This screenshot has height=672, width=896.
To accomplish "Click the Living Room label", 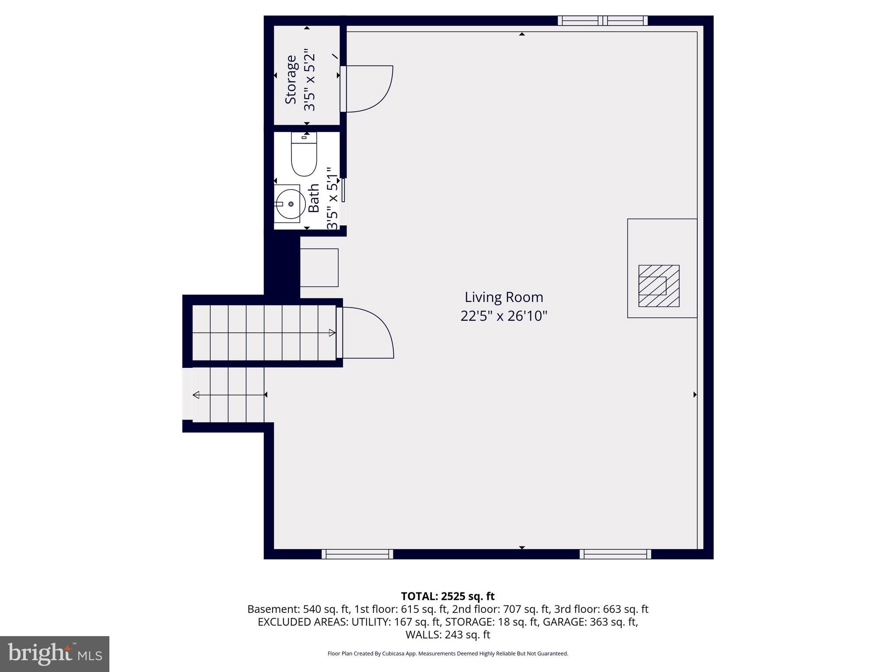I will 504,297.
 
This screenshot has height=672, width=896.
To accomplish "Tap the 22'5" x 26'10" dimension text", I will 504,316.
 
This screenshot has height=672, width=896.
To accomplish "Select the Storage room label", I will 291,80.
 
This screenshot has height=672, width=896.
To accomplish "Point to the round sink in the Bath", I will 290,204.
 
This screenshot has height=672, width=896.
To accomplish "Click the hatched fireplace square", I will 658,286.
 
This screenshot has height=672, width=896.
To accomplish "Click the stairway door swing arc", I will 381,332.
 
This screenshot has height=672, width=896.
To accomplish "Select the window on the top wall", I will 602,21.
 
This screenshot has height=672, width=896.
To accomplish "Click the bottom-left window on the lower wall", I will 357,554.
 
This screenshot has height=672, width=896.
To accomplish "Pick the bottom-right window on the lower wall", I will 615,554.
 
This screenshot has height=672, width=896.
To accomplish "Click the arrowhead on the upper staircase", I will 332,333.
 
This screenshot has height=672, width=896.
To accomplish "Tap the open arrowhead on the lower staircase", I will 196,395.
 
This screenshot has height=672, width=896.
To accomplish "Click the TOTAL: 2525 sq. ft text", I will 448,596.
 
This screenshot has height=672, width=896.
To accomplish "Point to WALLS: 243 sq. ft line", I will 448,635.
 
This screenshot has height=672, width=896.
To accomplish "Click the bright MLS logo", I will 55,654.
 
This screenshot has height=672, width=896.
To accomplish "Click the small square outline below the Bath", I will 319,267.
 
